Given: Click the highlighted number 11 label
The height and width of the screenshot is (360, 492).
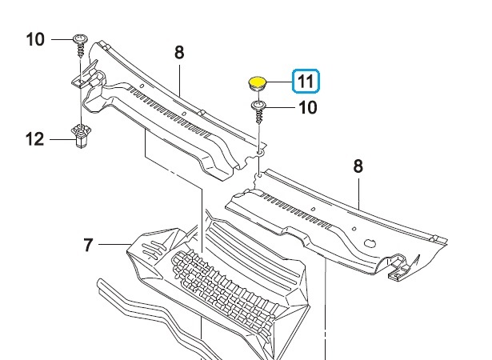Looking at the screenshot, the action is click(306, 81).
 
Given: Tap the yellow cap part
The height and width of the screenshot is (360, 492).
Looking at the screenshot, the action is click(258, 83).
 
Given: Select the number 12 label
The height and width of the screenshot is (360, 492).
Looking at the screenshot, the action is click(34, 139).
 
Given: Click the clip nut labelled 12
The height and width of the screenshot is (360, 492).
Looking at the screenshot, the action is click(81, 135).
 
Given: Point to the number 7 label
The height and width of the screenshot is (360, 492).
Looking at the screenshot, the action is click(89, 245).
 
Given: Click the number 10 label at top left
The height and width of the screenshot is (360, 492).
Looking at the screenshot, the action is click(35, 40).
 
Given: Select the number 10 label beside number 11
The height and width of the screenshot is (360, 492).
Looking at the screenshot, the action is click(308, 108).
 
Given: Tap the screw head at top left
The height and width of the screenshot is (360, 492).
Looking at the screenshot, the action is click(80, 39).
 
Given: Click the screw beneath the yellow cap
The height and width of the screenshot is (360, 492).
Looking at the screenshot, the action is click(258, 111).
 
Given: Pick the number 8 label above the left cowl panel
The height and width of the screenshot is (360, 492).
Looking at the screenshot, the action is click(179, 53).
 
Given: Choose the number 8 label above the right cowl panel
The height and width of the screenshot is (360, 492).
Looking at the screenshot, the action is click(358, 166).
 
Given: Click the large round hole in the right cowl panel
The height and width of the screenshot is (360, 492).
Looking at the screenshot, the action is click(370, 243).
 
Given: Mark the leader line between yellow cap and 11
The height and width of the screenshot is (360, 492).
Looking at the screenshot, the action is click(279, 82).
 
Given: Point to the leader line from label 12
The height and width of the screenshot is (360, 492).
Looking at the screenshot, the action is click(61, 139).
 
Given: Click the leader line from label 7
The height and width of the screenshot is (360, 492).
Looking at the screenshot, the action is click(114, 244).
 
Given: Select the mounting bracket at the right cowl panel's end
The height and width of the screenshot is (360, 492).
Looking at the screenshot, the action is click(400, 266).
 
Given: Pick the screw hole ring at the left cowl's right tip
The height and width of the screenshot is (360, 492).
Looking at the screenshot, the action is click(260, 153).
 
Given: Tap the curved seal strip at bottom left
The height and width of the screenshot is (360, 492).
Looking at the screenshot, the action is click(157, 317).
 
